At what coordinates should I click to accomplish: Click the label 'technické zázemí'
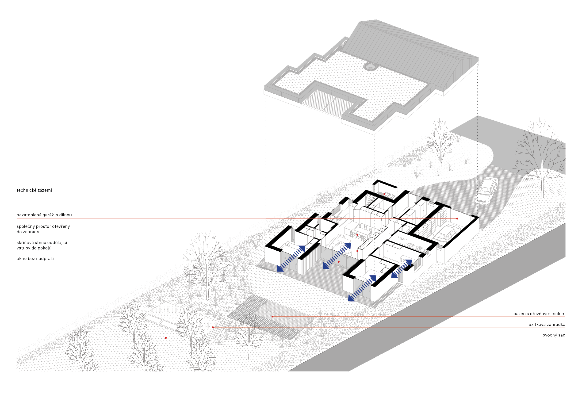(34, 190)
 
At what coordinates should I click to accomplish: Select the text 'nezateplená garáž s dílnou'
(44, 215)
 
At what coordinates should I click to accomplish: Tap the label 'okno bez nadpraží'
(35, 258)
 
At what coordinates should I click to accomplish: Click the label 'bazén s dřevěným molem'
(539, 314)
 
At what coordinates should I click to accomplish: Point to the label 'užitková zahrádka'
(547, 324)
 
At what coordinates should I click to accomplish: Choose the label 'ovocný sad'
(554, 335)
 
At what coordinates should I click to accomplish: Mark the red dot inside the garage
(457, 219)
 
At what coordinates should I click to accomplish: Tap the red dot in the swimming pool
(272, 316)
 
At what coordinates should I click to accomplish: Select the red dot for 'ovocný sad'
(166, 338)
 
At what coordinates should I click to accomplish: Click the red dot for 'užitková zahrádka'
(213, 327)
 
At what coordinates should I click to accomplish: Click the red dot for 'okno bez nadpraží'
(339, 262)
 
